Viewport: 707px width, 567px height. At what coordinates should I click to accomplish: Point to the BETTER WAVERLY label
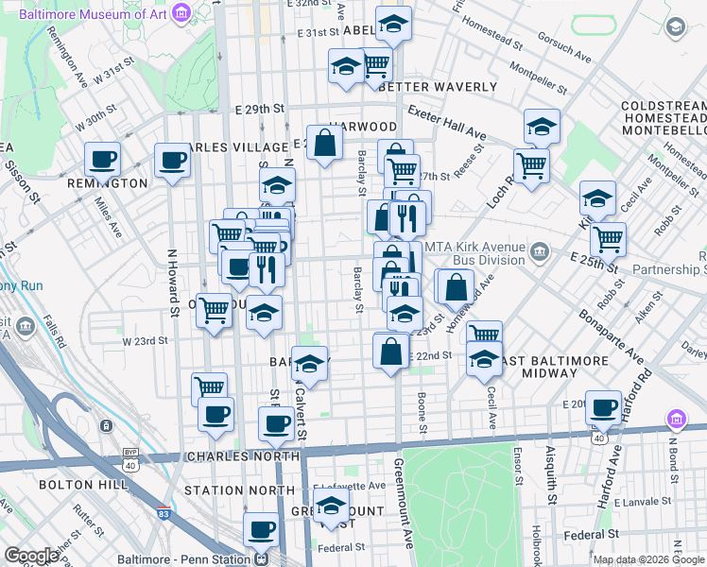point(438,87)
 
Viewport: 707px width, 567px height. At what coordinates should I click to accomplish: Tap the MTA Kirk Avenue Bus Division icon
point(540,250)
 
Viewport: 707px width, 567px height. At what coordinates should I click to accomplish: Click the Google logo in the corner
point(31,556)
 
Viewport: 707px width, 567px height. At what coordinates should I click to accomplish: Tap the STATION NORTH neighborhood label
point(239,490)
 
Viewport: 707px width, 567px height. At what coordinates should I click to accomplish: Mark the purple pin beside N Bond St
point(676,419)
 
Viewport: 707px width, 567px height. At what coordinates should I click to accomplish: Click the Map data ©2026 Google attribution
point(648,558)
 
